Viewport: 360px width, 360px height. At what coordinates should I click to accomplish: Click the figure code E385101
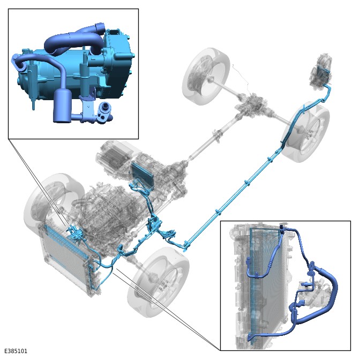16,351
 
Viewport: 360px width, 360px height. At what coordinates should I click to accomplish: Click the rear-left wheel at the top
206,76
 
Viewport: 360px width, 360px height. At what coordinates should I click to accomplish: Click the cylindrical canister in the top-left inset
62,106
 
